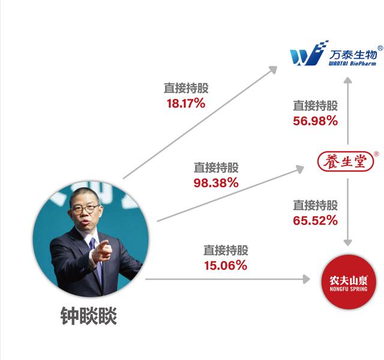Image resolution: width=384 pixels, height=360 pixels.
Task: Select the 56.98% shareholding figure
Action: pyautogui.click(x=315, y=121)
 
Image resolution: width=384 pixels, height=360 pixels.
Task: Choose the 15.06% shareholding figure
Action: pyautogui.click(x=225, y=266)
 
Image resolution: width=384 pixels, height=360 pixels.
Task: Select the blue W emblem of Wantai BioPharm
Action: pyautogui.click(x=307, y=54)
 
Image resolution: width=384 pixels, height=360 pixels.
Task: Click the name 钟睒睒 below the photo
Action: pyautogui.click(x=88, y=316)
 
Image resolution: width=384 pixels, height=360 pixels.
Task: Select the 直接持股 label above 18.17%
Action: pyautogui.click(x=186, y=88)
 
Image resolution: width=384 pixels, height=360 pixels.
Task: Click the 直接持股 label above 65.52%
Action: pyautogui.click(x=315, y=205)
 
